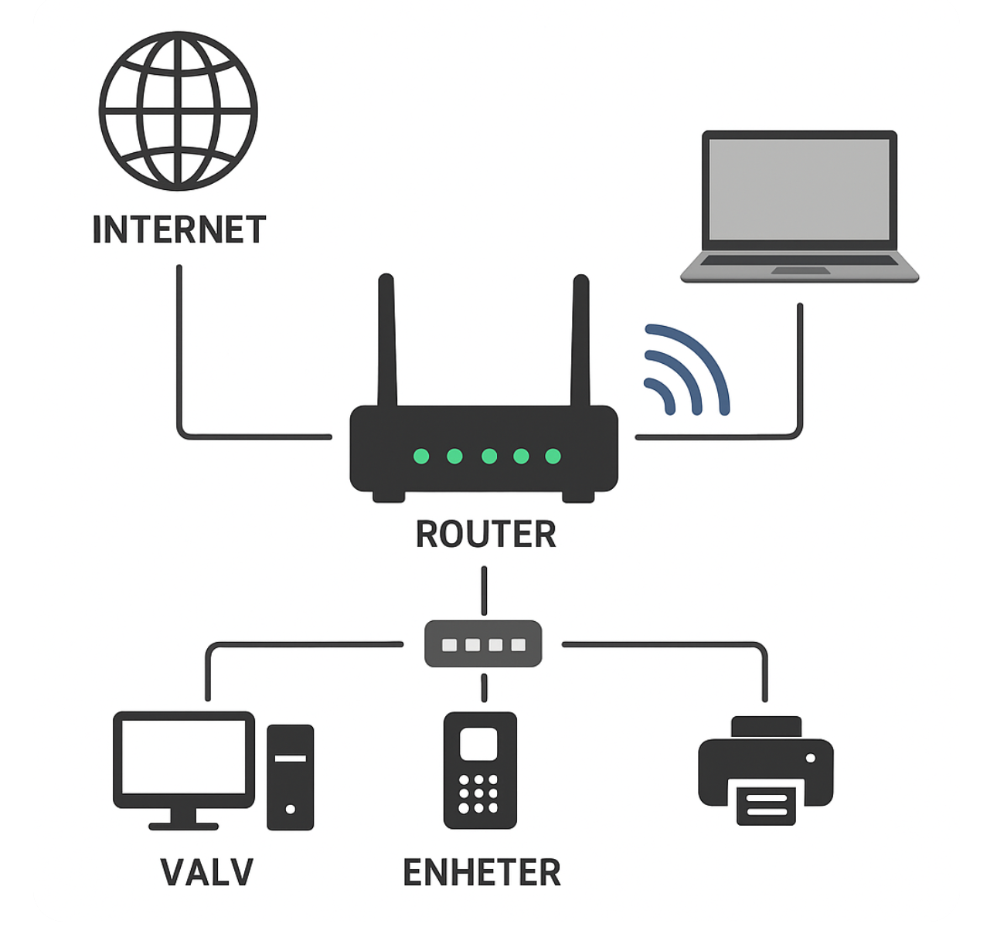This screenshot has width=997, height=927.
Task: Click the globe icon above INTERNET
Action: (178, 111)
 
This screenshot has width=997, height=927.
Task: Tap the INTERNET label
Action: (179, 229)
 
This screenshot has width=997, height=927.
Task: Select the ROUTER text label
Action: (485, 535)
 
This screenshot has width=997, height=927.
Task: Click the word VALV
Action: (206, 872)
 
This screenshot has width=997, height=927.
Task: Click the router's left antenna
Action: (387, 340)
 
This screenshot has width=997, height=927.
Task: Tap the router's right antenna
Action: (580, 340)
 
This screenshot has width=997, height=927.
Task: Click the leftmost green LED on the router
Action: (421, 456)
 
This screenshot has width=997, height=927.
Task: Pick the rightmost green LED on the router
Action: (553, 456)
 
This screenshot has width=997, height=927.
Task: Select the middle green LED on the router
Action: (488, 456)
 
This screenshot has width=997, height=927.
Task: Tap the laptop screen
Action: (799, 189)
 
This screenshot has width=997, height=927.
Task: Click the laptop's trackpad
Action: (800, 271)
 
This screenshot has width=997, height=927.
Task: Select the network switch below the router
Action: (483, 643)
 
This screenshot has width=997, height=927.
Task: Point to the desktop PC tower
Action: (290, 776)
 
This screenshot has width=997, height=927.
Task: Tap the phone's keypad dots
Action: (478, 794)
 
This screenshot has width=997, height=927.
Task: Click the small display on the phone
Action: (479, 744)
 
